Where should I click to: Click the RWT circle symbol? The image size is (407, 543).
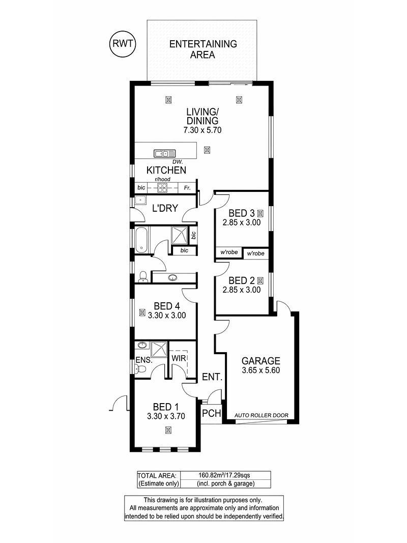coord(123,44)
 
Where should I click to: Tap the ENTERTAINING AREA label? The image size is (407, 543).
coord(203,49)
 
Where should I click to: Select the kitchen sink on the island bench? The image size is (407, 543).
coord(165,153)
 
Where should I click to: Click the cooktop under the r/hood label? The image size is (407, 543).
coord(163,188)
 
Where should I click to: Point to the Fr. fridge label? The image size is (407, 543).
coord(187,188)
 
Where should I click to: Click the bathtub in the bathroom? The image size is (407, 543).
coord(141,240)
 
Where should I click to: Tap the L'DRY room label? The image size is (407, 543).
coord(165,208)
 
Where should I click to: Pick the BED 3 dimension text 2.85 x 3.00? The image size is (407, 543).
coord(242,223)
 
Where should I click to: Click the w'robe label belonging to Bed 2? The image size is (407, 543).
coord(256,253)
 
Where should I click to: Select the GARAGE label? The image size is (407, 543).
coord(260,361)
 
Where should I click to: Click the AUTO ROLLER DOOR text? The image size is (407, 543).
coord(261,415)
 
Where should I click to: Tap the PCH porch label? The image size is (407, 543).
coord(212,413)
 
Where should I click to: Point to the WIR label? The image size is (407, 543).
coord(179,358)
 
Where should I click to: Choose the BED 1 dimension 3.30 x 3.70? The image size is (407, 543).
coord(166,416)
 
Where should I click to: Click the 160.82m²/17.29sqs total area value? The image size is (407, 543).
coord(224,475)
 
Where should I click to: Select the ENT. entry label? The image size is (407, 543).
coord(212,377)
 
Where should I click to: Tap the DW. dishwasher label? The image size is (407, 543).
coord(178,162)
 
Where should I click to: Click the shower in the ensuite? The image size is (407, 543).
coord(159,350)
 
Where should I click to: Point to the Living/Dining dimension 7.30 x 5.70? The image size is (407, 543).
coord(202,130)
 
